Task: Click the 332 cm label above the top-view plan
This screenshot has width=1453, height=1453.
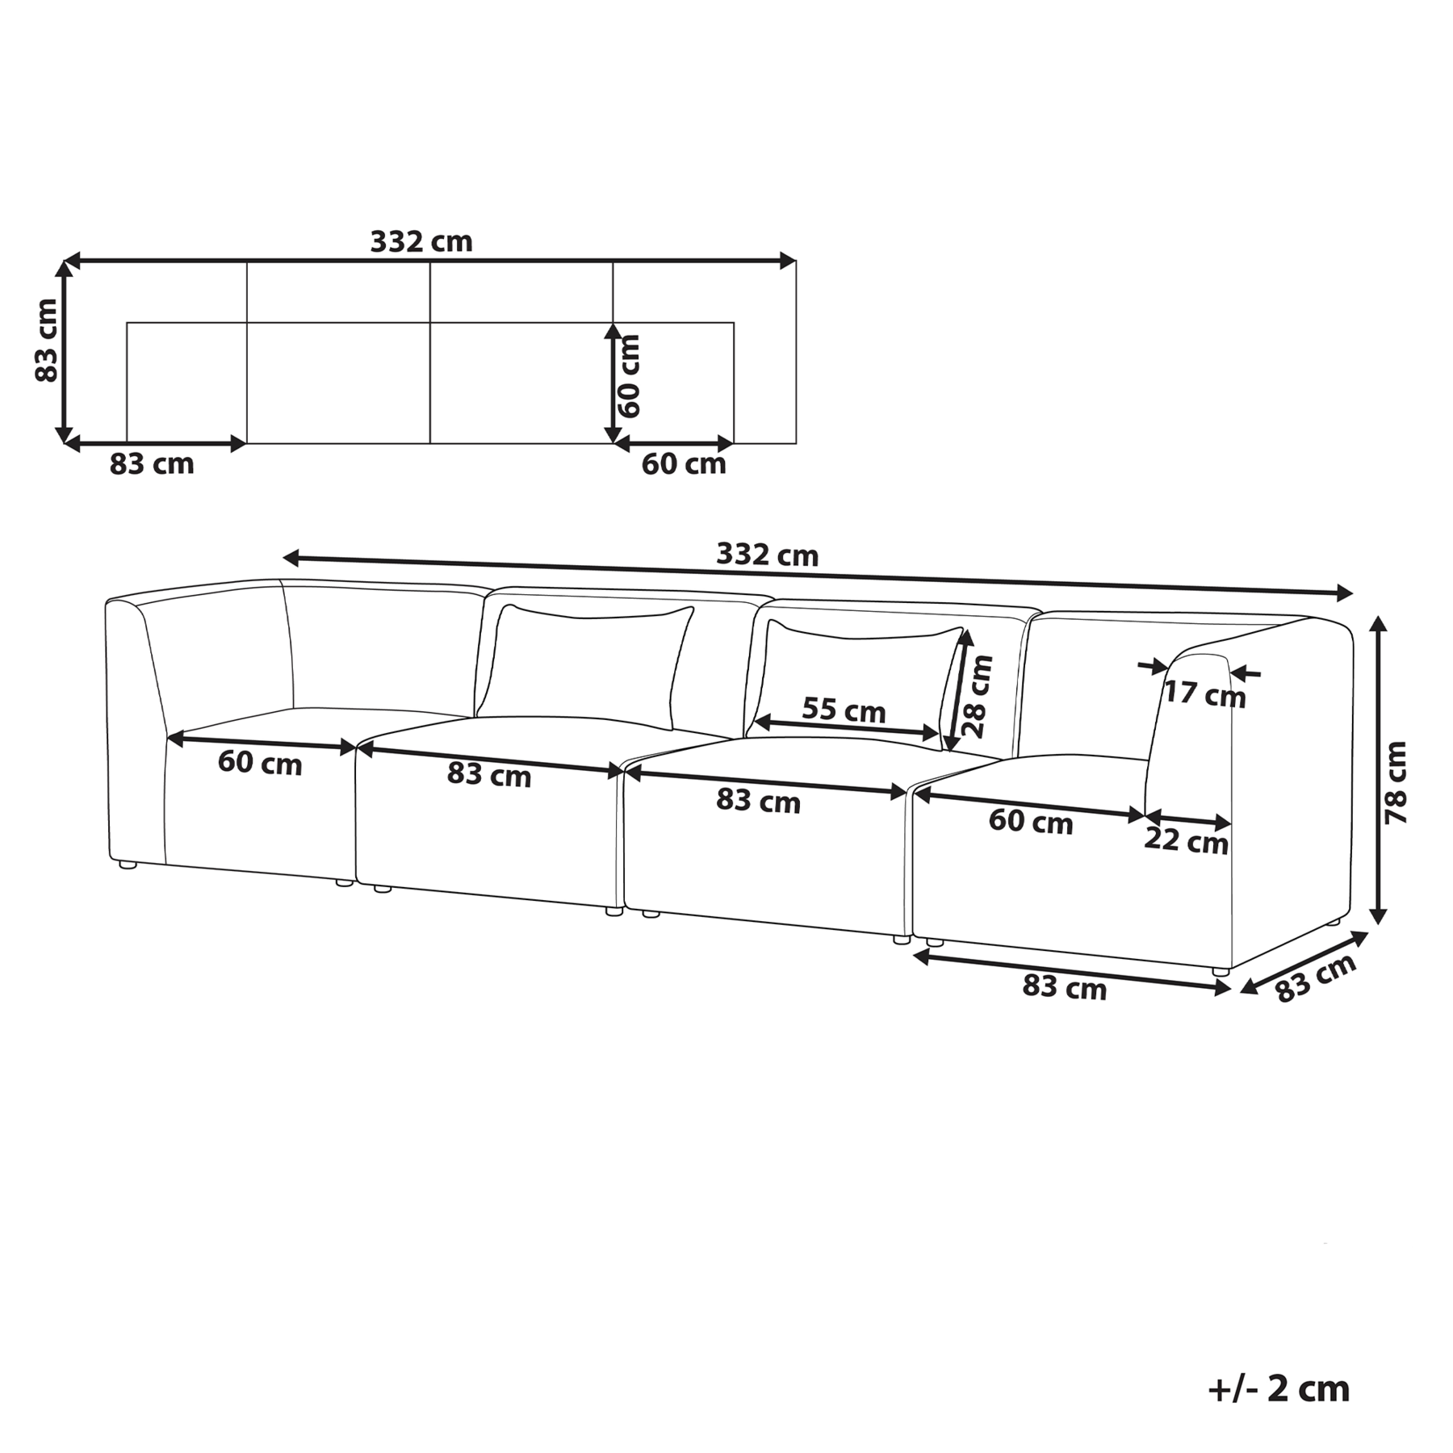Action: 421,241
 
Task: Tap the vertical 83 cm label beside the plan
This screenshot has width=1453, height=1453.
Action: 47,340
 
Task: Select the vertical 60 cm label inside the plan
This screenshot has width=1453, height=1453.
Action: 628,376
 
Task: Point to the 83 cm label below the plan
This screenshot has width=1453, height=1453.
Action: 152,464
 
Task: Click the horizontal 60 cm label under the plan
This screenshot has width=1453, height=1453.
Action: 684,464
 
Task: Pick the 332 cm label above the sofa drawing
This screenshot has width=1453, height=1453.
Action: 767,555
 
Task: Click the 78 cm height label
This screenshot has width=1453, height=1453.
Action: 1396,782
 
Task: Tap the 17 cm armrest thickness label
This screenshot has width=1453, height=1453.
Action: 1204,693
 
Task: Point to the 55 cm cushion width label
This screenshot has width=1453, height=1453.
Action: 844,710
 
